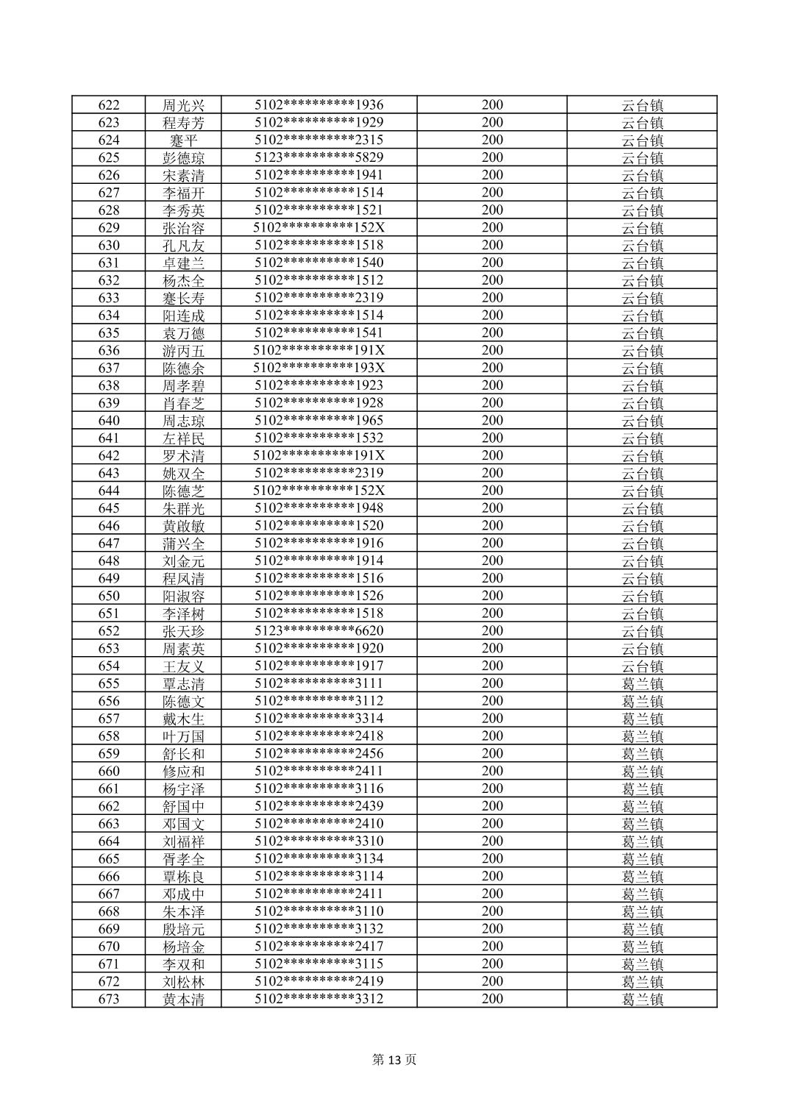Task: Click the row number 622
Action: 109,105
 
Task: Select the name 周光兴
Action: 184,105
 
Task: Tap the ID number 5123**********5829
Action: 319,157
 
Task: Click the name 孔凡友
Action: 184,246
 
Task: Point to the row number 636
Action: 109,351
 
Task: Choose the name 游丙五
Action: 184,351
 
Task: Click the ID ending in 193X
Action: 319,368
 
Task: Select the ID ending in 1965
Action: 319,421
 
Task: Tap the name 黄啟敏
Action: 184,526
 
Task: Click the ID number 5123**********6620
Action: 319,631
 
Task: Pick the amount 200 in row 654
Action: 492,666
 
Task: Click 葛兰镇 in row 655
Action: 642,684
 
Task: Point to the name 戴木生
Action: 184,719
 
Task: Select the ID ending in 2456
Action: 319,754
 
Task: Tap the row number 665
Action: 109,859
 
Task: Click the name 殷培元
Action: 184,929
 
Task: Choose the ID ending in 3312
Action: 319,999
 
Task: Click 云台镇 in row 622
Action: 642,105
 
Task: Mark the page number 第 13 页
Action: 394,1060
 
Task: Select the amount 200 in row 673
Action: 492,999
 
